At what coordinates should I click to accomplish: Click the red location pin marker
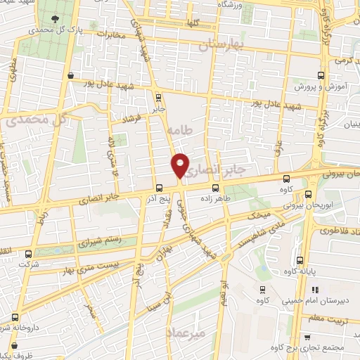181,165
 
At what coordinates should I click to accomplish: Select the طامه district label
180,130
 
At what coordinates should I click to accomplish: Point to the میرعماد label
184,332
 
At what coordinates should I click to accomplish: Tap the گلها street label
193,23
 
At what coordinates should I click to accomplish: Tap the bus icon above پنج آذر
160,188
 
